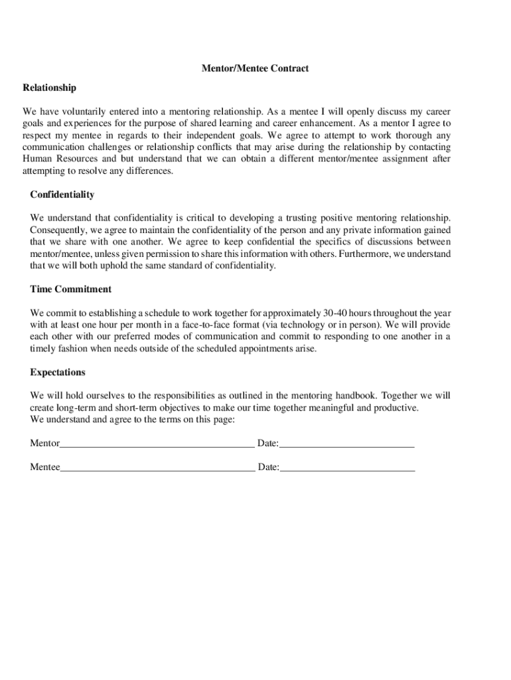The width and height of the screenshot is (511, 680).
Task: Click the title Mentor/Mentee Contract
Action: pyautogui.click(x=256, y=68)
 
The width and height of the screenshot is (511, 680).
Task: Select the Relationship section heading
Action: pyautogui.click(x=49, y=88)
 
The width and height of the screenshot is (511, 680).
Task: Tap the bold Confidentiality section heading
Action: pyautogui.click(x=62, y=195)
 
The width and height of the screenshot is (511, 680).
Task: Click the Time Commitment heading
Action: pyautogui.click(x=70, y=290)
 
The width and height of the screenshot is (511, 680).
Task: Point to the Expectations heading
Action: pyautogui.click(x=58, y=373)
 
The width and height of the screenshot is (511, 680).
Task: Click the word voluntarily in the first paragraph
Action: pyautogui.click(x=85, y=112)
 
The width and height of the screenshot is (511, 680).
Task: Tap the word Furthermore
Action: pyautogui.click(x=360, y=254)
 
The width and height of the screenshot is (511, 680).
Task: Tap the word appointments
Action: pyautogui.click(x=249, y=349)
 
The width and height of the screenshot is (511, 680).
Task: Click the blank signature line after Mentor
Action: pyautogui.click(x=157, y=444)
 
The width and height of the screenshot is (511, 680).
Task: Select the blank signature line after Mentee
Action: pyautogui.click(x=157, y=467)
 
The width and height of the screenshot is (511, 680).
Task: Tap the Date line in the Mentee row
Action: pyautogui.click(x=347, y=467)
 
